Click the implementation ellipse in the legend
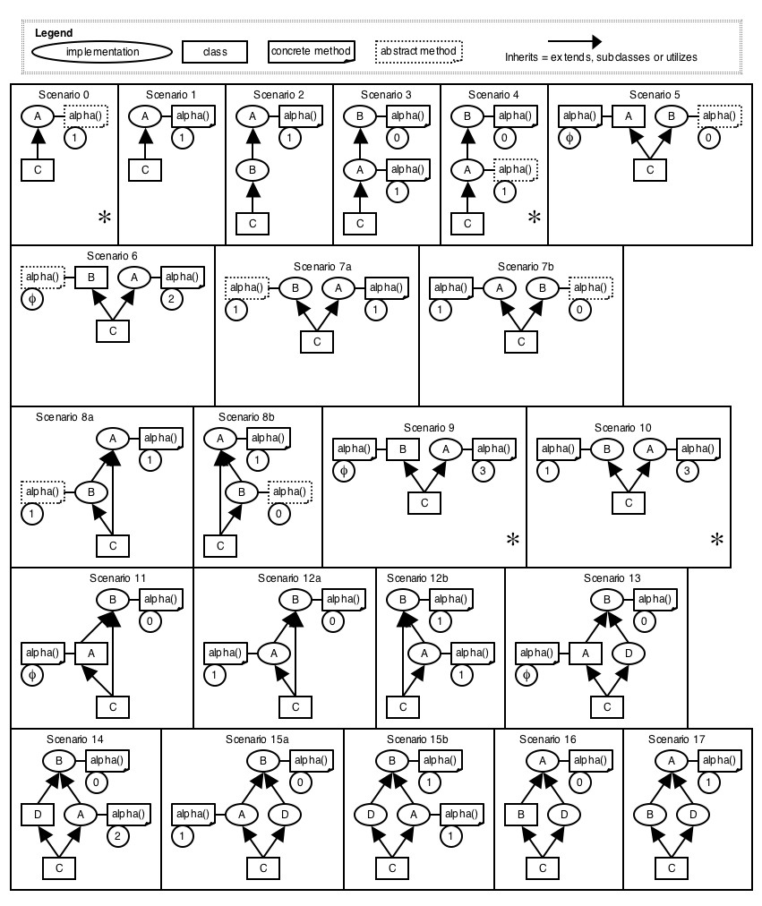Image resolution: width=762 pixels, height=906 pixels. click(x=102, y=52)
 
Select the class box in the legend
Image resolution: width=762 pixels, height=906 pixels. click(x=214, y=52)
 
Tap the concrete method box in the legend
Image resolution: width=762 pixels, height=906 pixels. click(x=311, y=51)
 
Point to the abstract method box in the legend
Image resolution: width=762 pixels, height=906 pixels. click(x=419, y=51)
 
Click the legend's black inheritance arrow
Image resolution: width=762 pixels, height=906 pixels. click(x=574, y=41)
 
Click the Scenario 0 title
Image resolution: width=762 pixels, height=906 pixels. click(x=64, y=94)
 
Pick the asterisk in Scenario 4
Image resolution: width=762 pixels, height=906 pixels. click(x=534, y=217)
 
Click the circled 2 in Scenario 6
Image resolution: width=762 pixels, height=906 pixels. click(x=170, y=299)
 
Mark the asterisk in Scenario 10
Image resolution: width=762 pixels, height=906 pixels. click(x=716, y=539)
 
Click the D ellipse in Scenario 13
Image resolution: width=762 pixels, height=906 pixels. click(x=628, y=654)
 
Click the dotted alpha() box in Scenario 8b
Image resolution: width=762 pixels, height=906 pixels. click(x=290, y=491)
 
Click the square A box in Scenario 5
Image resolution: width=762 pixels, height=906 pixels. click(x=629, y=115)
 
